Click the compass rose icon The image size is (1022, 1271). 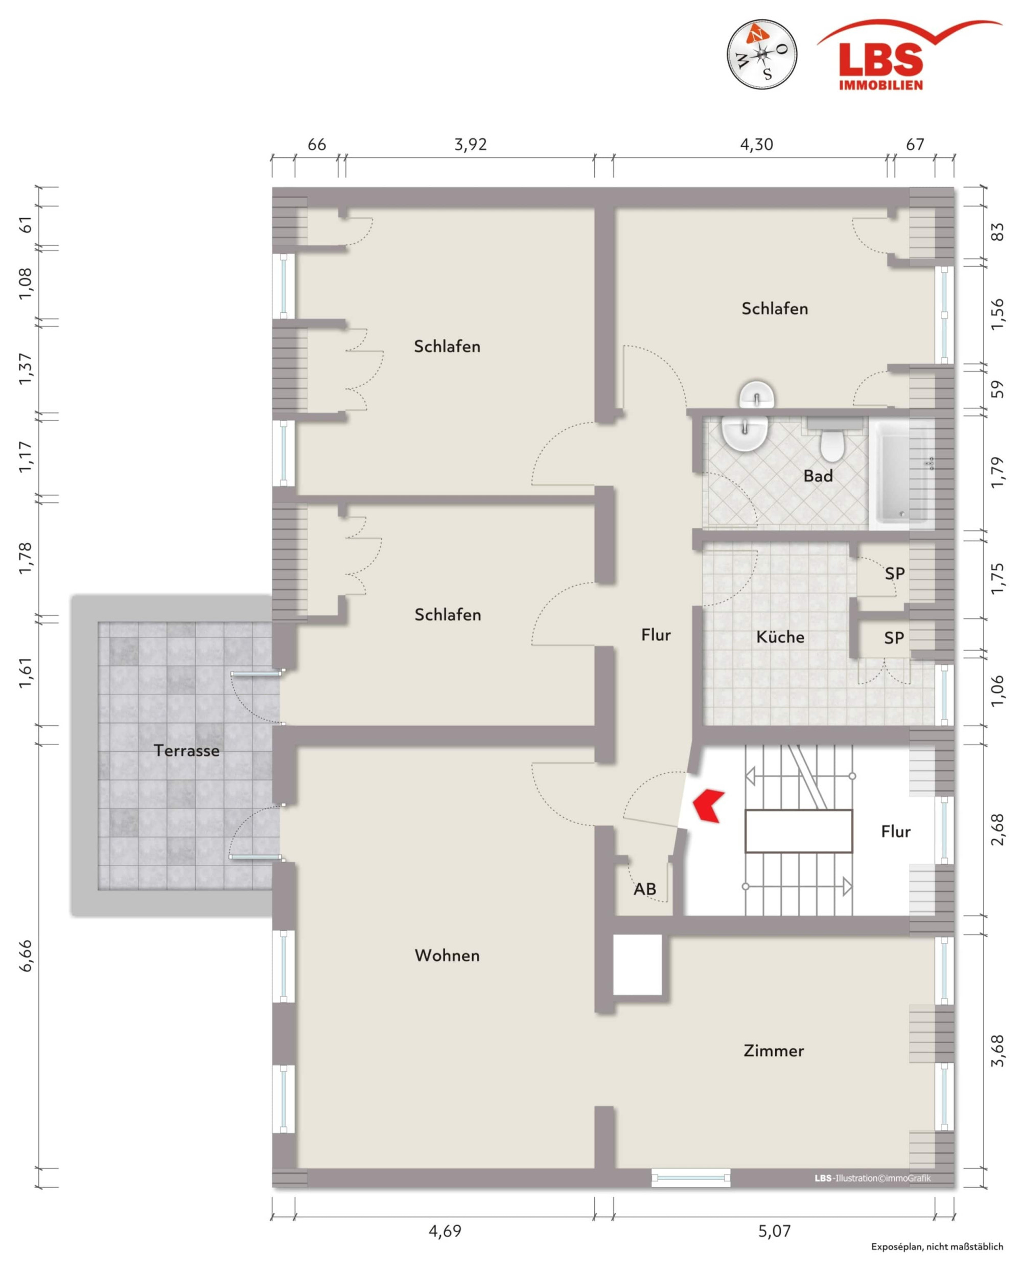tap(761, 54)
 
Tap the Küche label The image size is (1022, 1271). tap(780, 637)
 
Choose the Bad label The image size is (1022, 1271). tap(818, 476)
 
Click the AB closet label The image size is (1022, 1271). tap(645, 889)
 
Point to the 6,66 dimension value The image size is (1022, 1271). tap(27, 956)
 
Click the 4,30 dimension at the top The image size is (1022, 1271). tap(757, 145)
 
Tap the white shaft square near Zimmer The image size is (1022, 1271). tap(638, 964)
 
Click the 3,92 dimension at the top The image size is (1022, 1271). tap(470, 145)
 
